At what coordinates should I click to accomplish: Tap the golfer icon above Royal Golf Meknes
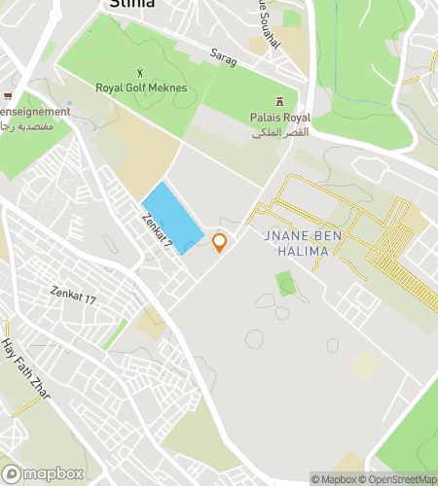coord(143,71)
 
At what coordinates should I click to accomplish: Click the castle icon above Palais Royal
coord(279,101)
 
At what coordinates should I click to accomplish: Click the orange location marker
coord(220,242)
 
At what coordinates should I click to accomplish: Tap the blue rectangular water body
coord(172,217)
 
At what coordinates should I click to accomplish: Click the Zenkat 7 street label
coord(155,233)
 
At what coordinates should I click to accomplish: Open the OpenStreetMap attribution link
coord(399,478)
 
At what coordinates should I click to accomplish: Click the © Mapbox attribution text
coord(334,478)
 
